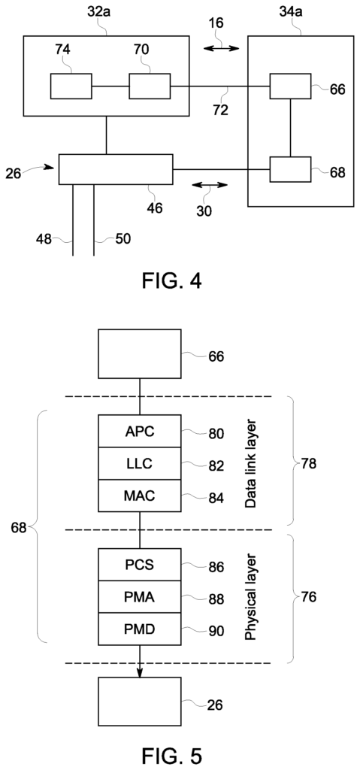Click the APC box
tap(140, 431)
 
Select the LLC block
tap(140, 463)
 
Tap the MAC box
tap(140, 496)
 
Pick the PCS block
tap(140, 565)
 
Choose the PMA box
tap(140, 596)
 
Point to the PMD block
tap(140, 629)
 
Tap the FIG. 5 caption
tap(171, 756)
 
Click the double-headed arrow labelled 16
tap(222, 48)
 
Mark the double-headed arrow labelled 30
tap(210, 185)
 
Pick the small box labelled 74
tap(71, 86)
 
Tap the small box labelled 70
tap(150, 86)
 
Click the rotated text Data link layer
tap(251, 462)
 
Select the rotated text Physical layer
tap(251, 596)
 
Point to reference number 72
tap(221, 111)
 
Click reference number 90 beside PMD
tap(216, 629)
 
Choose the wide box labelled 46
tap(116, 169)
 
